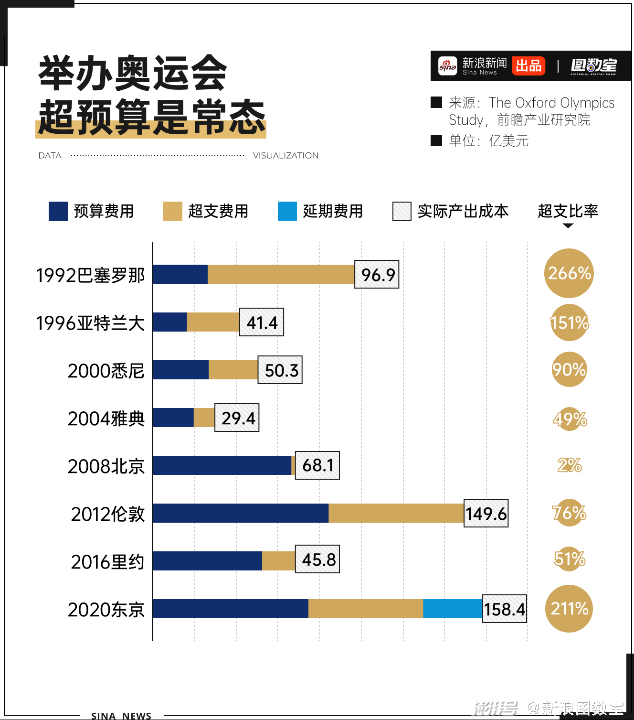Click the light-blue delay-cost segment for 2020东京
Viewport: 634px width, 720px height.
453,609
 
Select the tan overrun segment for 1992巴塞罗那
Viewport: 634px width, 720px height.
281,274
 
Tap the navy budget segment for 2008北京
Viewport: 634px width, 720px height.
222,465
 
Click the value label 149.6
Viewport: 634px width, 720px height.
486,513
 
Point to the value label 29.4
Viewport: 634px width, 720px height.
237,418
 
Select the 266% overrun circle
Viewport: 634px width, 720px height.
569,273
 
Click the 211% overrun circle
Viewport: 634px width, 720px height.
569,609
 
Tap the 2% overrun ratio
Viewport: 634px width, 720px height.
569,465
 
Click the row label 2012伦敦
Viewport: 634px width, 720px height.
107,514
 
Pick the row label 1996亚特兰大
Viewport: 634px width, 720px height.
90,323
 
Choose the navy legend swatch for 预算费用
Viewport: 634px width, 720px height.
58,211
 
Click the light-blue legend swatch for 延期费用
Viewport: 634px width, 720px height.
287,211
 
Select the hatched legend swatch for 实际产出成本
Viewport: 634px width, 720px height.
402,211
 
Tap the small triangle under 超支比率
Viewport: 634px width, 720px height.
568,226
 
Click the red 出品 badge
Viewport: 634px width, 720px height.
528,66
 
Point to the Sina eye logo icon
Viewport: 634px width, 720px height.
448,66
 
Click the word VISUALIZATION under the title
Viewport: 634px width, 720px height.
285,156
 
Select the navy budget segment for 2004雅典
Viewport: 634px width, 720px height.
173,418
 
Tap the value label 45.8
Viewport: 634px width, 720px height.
317,559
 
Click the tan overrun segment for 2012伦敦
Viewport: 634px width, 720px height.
396,513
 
